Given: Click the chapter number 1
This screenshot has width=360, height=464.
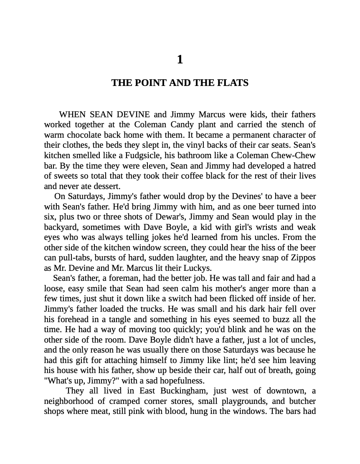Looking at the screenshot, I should click(x=180, y=60).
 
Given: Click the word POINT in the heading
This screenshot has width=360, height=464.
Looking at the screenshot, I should click(x=150, y=83).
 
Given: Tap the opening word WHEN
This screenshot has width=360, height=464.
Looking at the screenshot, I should click(x=73, y=114).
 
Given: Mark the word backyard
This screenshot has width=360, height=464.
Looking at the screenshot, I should click(x=61, y=227).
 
